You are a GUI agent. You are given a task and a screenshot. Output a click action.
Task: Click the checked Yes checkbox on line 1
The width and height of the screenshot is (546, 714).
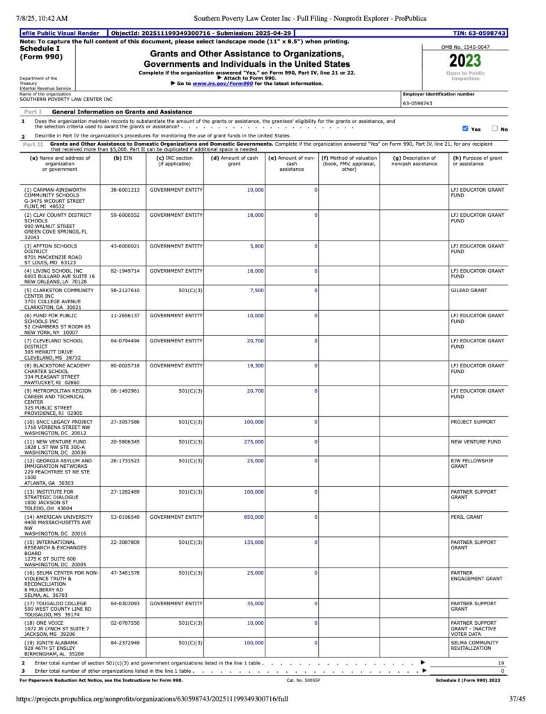pos(465,128)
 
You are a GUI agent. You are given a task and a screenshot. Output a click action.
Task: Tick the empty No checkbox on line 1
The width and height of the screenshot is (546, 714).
pos(495,128)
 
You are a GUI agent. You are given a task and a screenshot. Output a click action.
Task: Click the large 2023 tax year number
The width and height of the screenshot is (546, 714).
pos(465,61)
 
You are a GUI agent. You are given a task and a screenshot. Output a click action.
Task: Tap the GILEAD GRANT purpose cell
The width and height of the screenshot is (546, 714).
pos(469,290)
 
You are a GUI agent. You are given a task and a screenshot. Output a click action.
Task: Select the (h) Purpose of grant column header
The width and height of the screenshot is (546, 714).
pos(477,161)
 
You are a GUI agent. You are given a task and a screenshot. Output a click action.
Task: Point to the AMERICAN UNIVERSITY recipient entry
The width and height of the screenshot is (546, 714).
pos(55,517)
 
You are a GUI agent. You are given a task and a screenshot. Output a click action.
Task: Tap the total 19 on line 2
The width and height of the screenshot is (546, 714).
pos(500,662)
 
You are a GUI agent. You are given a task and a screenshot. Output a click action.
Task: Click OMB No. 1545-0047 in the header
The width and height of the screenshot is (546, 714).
pos(465,47)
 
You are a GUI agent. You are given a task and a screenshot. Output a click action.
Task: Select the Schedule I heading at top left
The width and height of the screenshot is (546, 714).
pos(40,49)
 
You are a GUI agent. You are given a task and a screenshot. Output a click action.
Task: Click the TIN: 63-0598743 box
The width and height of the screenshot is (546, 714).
pos(479,33)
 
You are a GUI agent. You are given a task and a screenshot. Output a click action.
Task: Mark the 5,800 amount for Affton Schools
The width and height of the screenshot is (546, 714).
pos(256,246)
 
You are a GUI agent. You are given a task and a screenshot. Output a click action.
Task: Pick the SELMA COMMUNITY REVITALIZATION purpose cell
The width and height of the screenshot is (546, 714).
pos(474,646)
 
